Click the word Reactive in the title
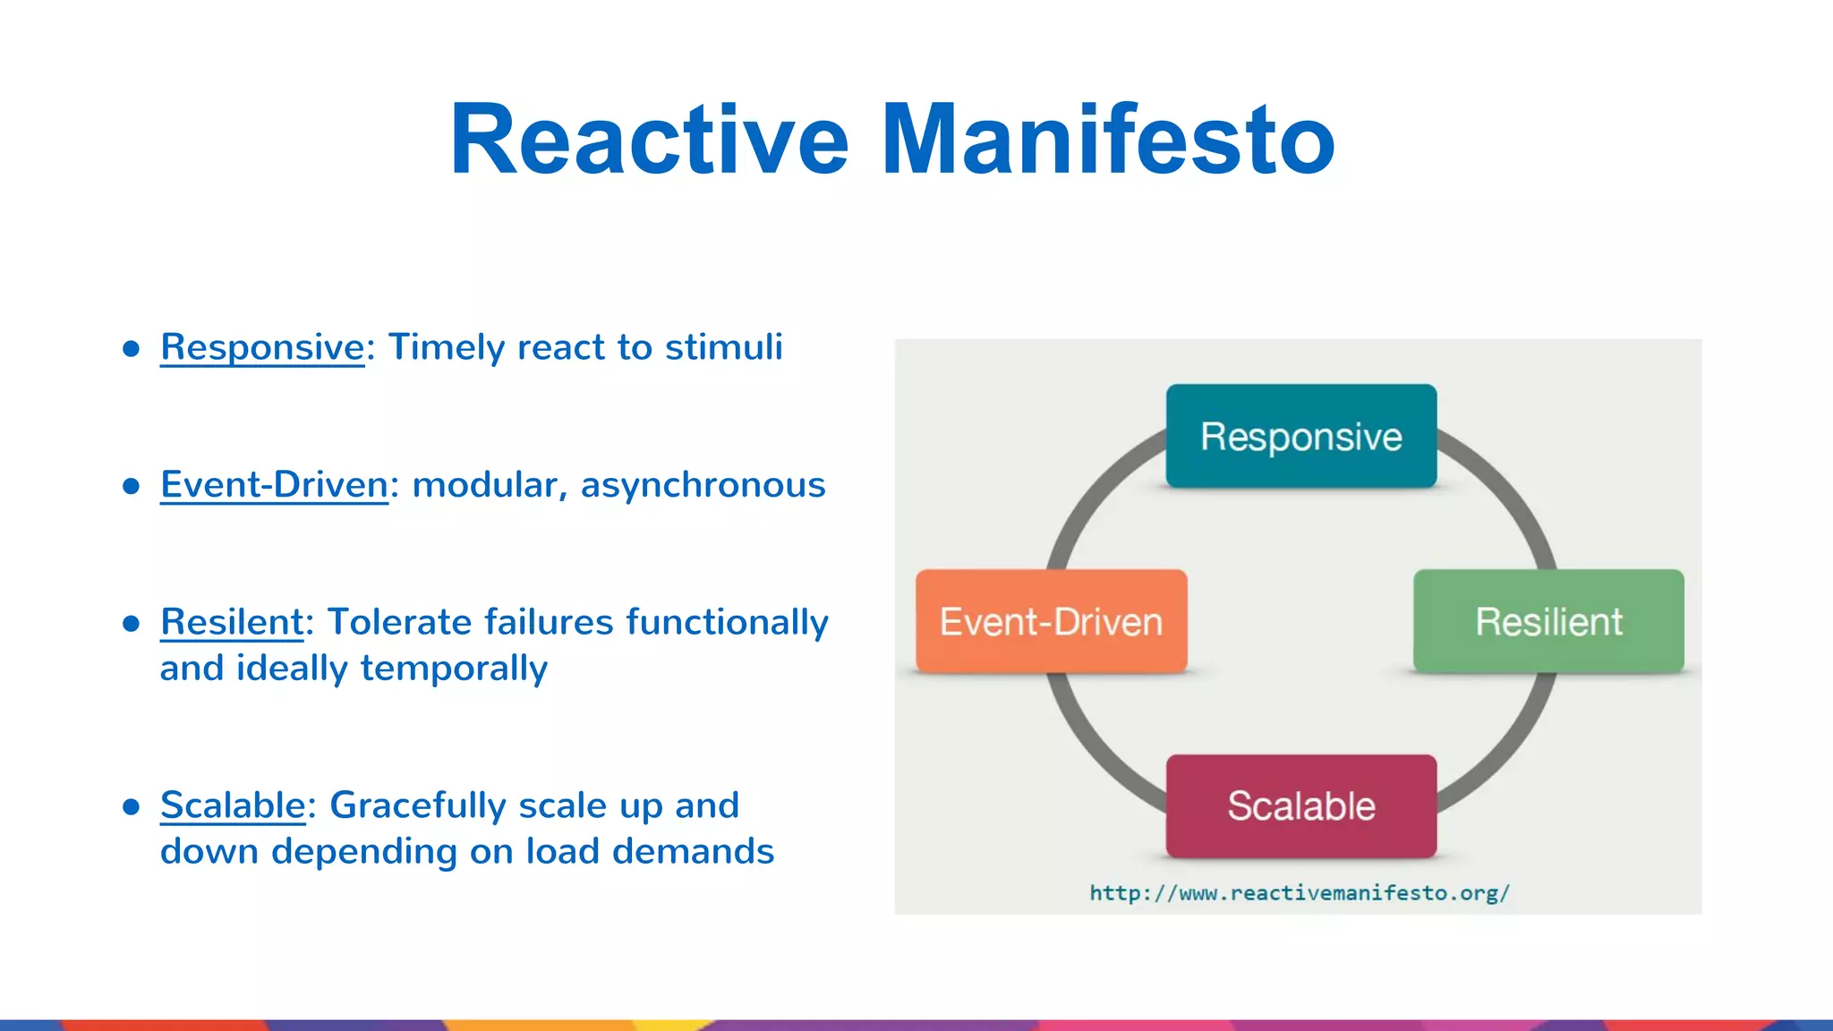649,140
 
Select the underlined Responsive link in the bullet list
262,347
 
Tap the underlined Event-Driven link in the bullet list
274,485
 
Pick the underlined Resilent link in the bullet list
232,622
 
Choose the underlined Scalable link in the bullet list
233,805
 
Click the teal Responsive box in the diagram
1300,437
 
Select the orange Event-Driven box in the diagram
1051,622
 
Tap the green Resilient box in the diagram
1548,622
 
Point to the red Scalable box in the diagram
1300,806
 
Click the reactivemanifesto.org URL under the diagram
1299,893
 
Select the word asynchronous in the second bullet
703,485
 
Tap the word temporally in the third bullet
454,669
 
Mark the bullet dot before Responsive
132,349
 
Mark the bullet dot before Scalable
132,807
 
